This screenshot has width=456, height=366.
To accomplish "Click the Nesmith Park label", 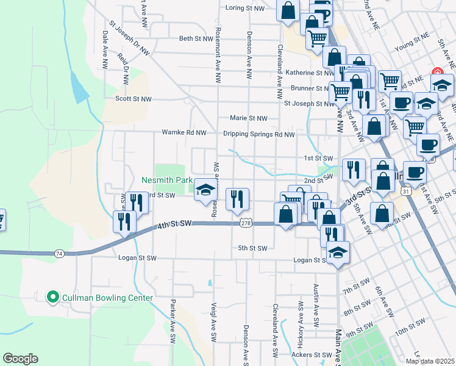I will (166, 181).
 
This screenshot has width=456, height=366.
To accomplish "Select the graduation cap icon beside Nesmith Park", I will (206, 188).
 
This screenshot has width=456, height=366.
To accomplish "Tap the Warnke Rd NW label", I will (183, 132).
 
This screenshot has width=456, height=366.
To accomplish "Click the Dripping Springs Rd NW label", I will (258, 135).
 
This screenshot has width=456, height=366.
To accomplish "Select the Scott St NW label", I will (136, 98).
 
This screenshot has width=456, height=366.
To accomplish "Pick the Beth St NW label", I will (195, 38).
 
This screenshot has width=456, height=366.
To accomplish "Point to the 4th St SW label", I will (174, 224).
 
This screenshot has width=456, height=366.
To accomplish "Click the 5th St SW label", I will (252, 248).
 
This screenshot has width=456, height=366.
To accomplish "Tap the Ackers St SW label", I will (311, 354).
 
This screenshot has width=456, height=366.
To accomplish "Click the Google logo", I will (21, 358).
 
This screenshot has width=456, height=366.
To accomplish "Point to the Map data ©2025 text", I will (430, 361).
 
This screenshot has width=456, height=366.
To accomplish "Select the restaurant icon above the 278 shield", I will (236, 199).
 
